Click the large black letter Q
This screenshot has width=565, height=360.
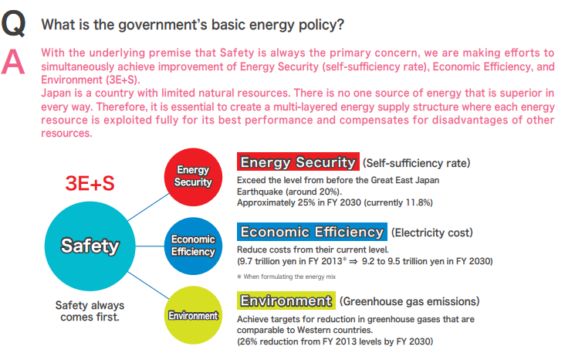click(13, 23)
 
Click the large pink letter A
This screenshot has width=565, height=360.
click(13, 62)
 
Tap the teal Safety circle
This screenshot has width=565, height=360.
click(90, 246)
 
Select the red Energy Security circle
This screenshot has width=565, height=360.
click(193, 177)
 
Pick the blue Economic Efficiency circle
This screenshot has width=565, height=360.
click(193, 246)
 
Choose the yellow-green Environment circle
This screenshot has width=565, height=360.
click(193, 315)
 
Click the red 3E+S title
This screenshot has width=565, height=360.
click(90, 183)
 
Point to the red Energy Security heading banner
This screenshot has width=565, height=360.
click(298, 161)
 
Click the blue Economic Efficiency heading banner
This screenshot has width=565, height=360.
click(312, 232)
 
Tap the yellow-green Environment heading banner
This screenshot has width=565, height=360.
click(286, 301)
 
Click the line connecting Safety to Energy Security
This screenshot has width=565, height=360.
click(148, 207)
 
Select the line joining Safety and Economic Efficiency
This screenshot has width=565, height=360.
click(150, 246)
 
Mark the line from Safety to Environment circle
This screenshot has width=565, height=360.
click(148, 285)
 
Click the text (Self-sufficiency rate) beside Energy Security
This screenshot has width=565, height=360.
click(416, 163)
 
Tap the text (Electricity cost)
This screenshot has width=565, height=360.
click(431, 233)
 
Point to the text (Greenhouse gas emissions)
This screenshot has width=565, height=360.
click(409, 301)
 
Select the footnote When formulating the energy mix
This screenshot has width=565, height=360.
click(286, 277)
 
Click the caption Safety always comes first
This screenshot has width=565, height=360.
click(90, 311)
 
